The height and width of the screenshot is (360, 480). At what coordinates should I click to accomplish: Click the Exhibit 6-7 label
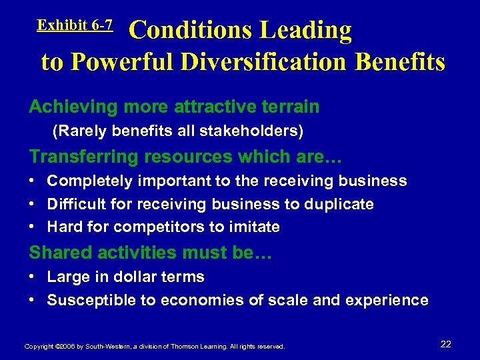(75, 25)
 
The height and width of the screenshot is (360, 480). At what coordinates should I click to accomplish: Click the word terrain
(287, 107)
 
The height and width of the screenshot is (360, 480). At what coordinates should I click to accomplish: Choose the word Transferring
(80, 157)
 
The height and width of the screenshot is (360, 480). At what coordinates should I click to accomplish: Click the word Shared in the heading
(55, 253)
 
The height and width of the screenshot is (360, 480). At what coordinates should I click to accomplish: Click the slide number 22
(446, 344)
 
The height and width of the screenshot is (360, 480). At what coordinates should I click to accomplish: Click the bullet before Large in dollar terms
(33, 277)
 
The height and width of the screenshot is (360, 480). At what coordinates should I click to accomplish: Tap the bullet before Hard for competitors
(33, 227)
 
